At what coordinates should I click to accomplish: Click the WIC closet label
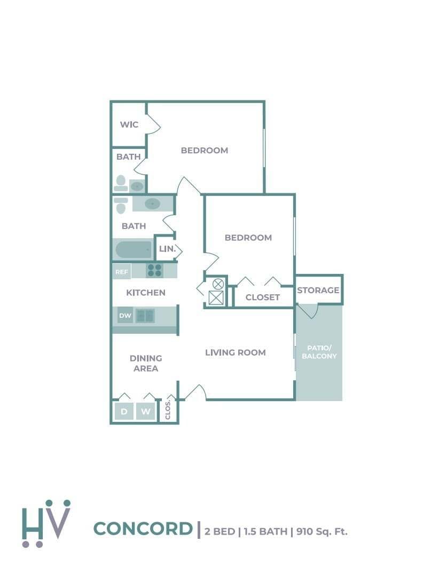tap(129, 124)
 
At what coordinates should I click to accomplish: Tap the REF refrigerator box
tap(122, 272)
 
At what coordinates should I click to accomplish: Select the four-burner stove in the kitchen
tap(154, 270)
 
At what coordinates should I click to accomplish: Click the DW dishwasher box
tap(125, 316)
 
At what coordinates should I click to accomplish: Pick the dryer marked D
tap(124, 412)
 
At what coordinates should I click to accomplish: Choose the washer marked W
tap(145, 412)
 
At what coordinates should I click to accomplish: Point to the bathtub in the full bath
tap(134, 250)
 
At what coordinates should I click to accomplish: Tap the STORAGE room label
tap(318, 290)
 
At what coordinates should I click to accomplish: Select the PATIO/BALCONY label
tap(319, 352)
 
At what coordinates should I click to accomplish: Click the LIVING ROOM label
tap(236, 352)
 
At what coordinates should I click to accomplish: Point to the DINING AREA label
tap(146, 363)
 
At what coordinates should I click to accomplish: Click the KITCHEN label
tap(146, 293)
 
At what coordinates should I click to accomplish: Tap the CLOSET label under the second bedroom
tap(263, 297)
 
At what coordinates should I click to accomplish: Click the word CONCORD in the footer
tap(143, 529)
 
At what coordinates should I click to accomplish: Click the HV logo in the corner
tap(46, 523)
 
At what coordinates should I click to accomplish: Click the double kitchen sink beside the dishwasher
tap(145, 316)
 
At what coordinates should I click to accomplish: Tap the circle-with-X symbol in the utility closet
tap(218, 284)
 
